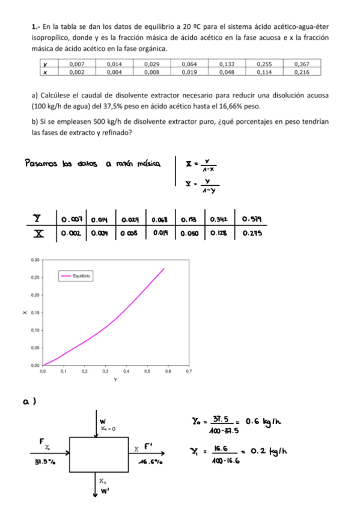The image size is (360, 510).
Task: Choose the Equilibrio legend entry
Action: (80, 276)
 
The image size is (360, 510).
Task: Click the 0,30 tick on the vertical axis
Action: (34, 260)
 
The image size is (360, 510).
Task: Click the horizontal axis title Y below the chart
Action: (115, 380)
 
